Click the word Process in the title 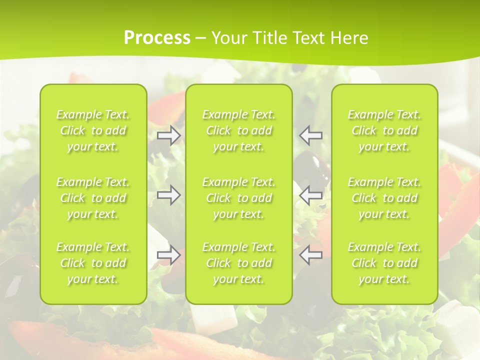[157, 38]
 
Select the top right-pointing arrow [169, 135]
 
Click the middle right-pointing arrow [169, 195]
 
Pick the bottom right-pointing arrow [169, 255]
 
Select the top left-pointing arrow [311, 135]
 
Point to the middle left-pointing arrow [311, 195]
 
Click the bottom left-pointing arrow [311, 255]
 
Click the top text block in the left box [93, 130]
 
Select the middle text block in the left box [93, 198]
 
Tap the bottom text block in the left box [93, 263]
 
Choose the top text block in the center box [239, 130]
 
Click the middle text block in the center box [239, 198]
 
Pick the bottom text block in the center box [239, 263]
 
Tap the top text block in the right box [384, 130]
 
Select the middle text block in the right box [384, 198]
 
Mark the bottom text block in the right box [384, 263]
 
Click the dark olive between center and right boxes [313, 165]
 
